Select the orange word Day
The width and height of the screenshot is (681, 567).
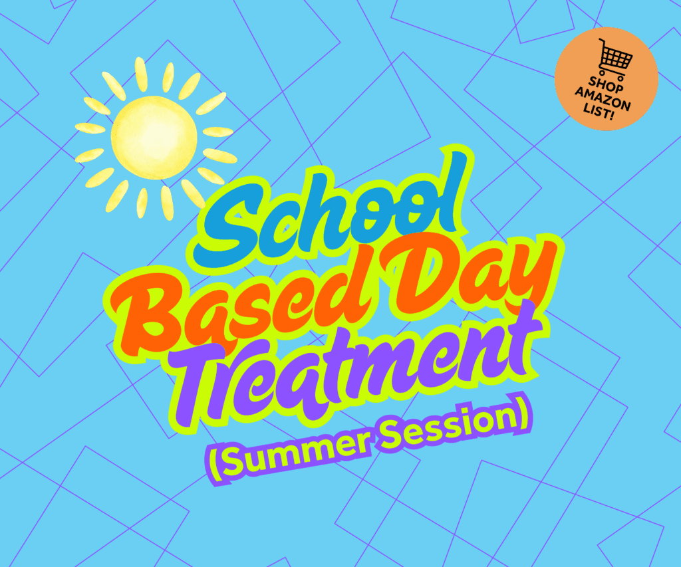pyautogui.click(x=469, y=278)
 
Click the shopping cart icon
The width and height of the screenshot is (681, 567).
pyautogui.click(x=614, y=59)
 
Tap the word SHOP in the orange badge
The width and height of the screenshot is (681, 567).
pyautogui.click(x=606, y=84)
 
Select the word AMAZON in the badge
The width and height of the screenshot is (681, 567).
pyautogui.click(x=603, y=99)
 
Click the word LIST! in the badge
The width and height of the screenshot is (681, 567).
pyautogui.click(x=599, y=112)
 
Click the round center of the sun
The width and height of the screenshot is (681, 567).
pyautogui.click(x=154, y=138)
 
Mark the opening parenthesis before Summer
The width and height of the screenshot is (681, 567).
pyautogui.click(x=216, y=464)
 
